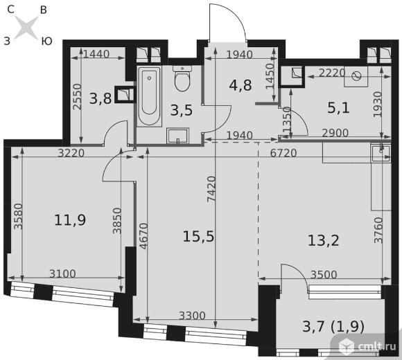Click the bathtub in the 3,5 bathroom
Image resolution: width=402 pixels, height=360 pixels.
pos(150,96)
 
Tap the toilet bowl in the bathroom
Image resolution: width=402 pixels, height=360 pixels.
pos(182,79)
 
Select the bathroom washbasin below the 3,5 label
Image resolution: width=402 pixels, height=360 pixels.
pos(177,136)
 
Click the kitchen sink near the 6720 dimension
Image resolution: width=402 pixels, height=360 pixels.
pos(381,153)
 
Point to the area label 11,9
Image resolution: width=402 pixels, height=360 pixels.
pos(70,220)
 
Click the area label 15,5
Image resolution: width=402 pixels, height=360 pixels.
pos(198,236)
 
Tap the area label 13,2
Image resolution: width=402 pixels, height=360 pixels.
pos(323,240)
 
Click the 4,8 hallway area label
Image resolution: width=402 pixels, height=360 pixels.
pos(241,85)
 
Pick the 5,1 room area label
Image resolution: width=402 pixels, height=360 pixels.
pos(338,108)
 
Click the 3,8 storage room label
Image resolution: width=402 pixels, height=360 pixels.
pos(101,99)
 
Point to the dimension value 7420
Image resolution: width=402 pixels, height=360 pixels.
pos(211,190)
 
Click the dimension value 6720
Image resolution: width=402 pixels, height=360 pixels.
pos(283,153)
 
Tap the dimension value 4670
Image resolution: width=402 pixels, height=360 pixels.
pos(144,236)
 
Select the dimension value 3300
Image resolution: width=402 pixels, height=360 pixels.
pos(192,316)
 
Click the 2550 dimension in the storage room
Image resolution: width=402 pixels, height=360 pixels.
pos(77,97)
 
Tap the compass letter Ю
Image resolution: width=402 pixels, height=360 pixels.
pos(46,41)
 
